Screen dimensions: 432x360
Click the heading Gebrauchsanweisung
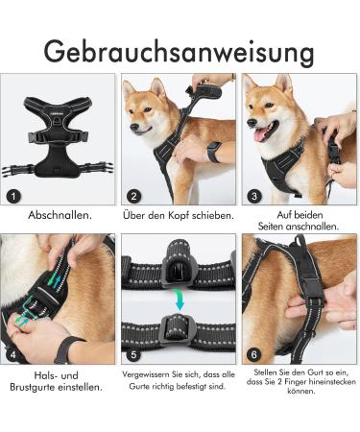[180, 49]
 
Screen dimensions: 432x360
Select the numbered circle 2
[134, 196]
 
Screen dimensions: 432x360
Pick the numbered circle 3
[253, 196]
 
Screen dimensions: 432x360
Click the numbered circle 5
[134, 355]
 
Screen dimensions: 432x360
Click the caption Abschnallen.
[60, 215]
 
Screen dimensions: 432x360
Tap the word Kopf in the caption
[180, 215]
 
